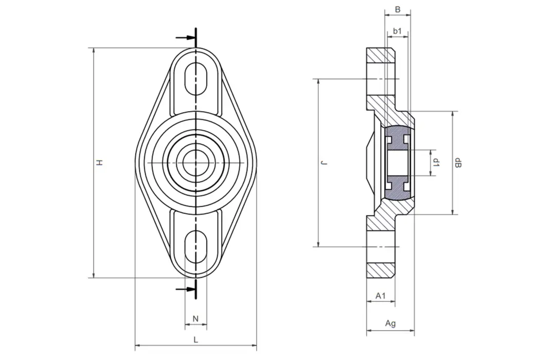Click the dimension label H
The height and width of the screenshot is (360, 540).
(x=101, y=163)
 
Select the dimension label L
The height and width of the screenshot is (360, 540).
(x=195, y=339)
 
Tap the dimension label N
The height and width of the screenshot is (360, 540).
(x=195, y=319)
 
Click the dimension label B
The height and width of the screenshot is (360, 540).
(x=397, y=9)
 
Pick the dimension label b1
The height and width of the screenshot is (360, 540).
(x=397, y=31)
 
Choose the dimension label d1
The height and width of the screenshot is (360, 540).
(x=436, y=163)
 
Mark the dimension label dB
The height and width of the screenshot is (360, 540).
(x=458, y=163)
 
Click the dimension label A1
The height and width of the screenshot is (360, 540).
(x=381, y=296)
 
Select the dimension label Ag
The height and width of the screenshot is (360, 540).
(x=390, y=323)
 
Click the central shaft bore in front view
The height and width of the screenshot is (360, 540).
(x=195, y=163)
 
